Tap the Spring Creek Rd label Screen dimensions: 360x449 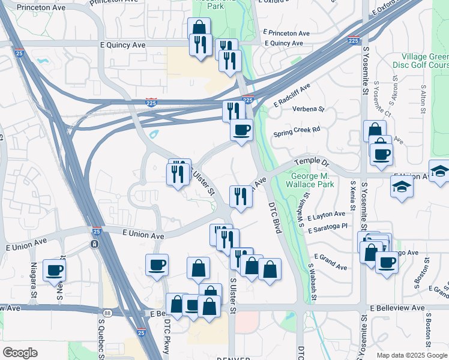coord(297,129)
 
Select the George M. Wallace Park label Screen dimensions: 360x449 coord(312,181)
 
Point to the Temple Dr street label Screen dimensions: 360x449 coord(312,163)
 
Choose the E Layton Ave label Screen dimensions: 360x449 coord(326,214)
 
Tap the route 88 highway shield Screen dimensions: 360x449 coord(107,313)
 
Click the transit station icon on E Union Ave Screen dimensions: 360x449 coord(94,244)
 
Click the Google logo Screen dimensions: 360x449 coord(20,353)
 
